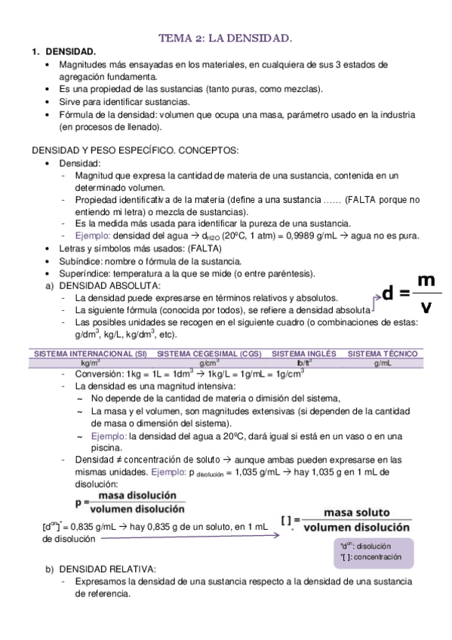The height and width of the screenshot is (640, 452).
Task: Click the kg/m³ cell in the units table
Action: click(91, 363)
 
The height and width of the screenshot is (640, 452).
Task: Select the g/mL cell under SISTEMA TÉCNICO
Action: click(382, 363)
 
